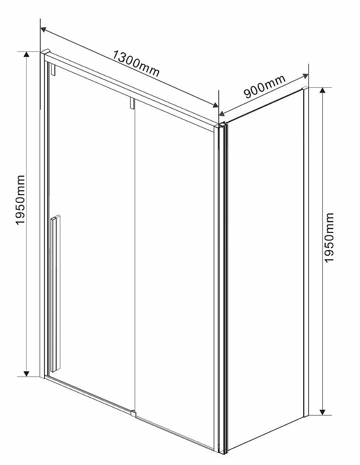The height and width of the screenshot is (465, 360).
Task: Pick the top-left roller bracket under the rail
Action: [x=52, y=70]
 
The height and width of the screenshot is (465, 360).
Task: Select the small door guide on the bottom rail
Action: [x=134, y=413]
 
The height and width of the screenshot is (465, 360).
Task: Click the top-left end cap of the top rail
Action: [x=45, y=53]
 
